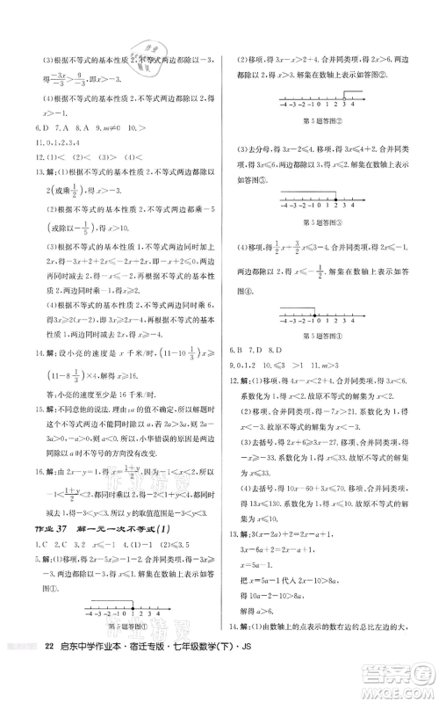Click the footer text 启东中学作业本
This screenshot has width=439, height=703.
[x=104, y=678]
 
